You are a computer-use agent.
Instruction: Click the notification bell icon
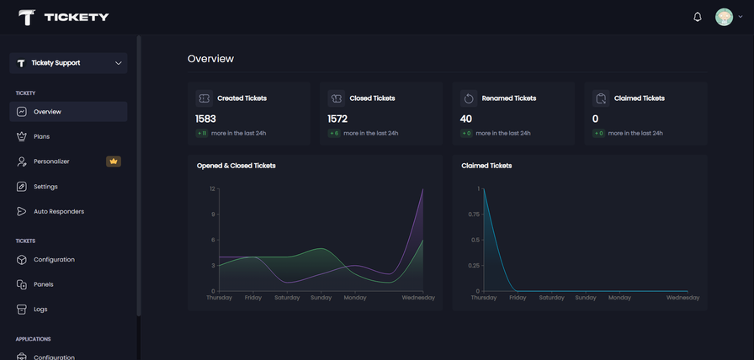(698, 17)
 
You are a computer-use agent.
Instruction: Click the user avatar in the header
(724, 17)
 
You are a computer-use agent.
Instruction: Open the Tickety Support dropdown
(68, 63)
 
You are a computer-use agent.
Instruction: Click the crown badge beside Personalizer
(114, 161)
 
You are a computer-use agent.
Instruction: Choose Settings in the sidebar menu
(45, 187)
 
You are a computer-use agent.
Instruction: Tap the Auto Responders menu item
(58, 211)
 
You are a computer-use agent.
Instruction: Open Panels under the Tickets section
(43, 284)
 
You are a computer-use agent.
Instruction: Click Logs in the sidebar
(40, 310)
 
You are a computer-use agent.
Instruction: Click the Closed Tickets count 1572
(337, 119)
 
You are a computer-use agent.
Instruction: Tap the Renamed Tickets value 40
(466, 119)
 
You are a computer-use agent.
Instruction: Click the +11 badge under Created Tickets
(202, 133)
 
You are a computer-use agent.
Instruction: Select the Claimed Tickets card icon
(600, 98)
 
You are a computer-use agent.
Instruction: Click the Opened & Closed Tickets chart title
(236, 166)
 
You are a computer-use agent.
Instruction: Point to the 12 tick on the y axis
(212, 188)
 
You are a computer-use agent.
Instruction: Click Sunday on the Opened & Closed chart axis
(321, 298)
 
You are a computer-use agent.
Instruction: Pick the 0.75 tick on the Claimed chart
(473, 214)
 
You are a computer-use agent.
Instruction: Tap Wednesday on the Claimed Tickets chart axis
(682, 298)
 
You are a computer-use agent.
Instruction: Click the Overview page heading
(210, 59)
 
